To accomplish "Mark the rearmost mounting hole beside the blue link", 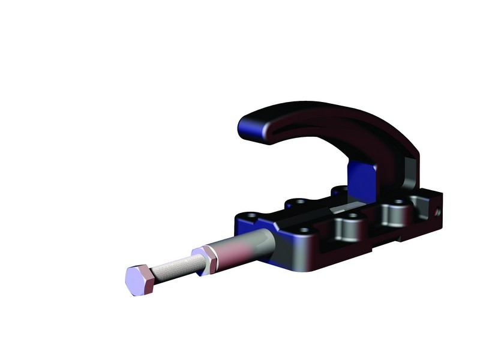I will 340,191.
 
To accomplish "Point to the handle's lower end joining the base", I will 408,174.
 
